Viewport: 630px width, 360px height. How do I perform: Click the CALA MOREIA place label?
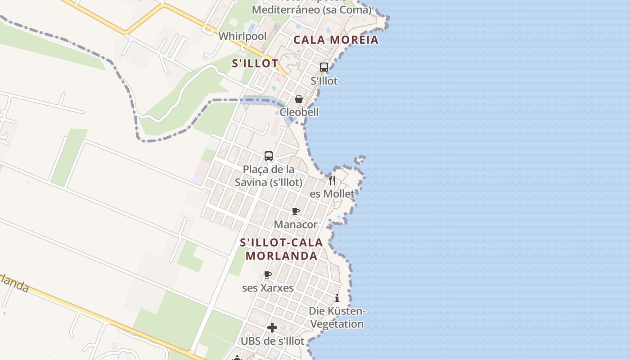click(x=336, y=40)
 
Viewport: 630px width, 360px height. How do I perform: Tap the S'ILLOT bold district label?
click(x=255, y=63)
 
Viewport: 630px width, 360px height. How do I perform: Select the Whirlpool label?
click(x=243, y=36)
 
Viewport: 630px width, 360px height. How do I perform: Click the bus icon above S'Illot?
click(x=324, y=67)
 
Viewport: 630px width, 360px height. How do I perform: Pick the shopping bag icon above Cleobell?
click(x=298, y=99)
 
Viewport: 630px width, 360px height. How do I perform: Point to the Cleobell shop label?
click(x=299, y=112)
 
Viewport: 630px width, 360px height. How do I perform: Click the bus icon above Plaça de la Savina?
click(x=269, y=156)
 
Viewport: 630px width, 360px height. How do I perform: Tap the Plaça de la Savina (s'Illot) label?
click(x=269, y=176)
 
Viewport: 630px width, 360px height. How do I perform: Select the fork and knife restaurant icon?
click(x=332, y=180)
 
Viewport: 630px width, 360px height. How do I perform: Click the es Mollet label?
click(x=332, y=194)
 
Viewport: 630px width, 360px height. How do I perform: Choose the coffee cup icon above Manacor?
click(x=296, y=211)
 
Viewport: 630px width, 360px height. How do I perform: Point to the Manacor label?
click(x=296, y=224)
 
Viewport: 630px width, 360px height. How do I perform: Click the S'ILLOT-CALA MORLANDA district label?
click(x=281, y=249)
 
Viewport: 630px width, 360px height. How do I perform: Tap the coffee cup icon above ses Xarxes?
click(x=268, y=274)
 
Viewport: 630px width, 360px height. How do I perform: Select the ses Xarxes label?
click(x=268, y=288)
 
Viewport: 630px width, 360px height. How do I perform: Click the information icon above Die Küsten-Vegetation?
click(x=337, y=298)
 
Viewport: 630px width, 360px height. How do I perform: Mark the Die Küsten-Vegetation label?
click(x=337, y=318)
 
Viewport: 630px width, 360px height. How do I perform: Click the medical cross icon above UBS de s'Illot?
click(x=272, y=328)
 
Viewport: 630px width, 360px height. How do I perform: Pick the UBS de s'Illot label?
click(x=272, y=341)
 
